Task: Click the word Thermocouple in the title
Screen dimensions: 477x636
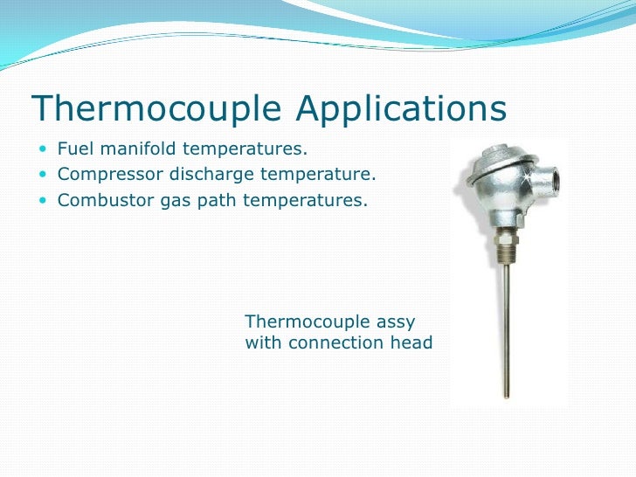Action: (x=156, y=108)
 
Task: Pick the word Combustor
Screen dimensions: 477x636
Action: (x=100, y=201)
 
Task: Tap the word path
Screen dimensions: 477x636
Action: (x=209, y=201)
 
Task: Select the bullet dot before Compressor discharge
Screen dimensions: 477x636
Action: (x=45, y=175)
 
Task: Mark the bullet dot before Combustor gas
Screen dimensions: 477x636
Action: (x=45, y=201)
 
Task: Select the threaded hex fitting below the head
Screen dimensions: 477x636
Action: (x=507, y=239)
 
